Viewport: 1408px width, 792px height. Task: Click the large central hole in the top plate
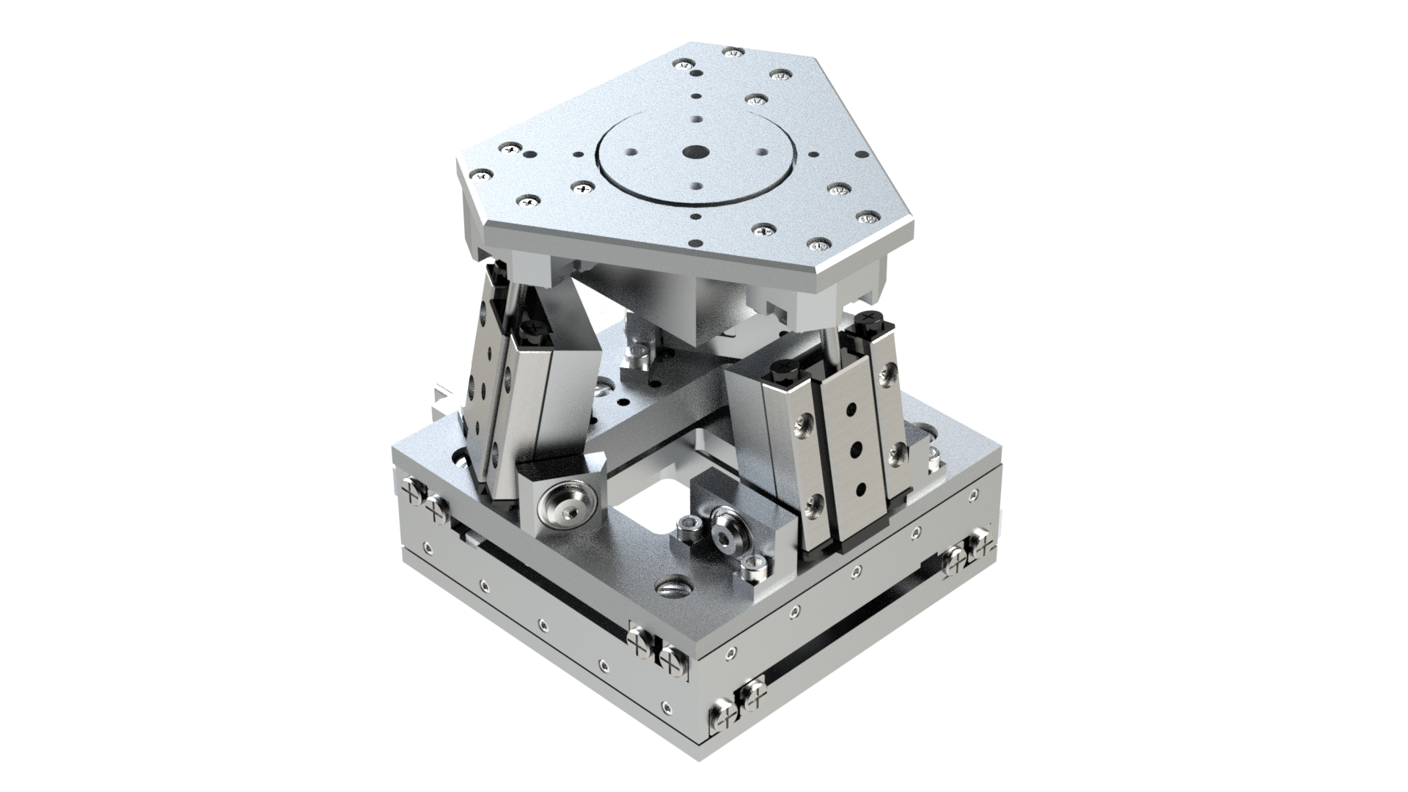point(694,153)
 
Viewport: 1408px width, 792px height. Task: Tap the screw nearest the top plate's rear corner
point(731,51)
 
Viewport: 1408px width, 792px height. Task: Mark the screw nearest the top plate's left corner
point(481,175)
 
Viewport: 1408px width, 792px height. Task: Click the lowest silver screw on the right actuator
point(813,503)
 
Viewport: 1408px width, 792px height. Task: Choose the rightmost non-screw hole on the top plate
point(813,155)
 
